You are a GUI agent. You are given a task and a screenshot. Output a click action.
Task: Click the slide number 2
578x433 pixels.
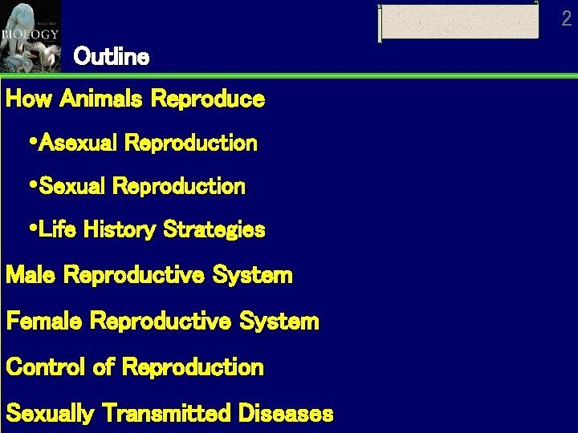point(567,19)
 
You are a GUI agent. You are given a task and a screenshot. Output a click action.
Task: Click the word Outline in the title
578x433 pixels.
point(111,57)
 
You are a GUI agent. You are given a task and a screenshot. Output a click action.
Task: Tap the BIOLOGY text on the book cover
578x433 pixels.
point(30,34)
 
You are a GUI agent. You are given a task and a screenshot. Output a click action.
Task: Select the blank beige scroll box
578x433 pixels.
point(458,22)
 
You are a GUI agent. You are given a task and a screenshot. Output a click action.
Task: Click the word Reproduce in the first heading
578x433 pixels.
point(208,99)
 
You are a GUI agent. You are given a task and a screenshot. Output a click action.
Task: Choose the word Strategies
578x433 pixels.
point(214,231)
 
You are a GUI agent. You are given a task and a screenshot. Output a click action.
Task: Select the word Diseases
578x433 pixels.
point(285,414)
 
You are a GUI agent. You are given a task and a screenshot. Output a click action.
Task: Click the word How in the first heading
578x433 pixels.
point(29,99)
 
